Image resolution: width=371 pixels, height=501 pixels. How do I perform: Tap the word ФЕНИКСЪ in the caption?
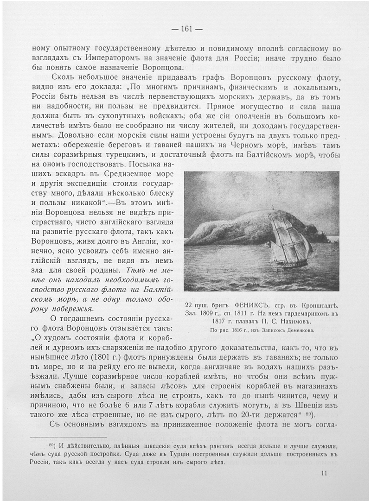pos(249,305)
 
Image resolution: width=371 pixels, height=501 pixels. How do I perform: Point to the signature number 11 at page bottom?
pos(324,473)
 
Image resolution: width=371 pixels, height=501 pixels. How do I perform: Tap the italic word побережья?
pos(72,309)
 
